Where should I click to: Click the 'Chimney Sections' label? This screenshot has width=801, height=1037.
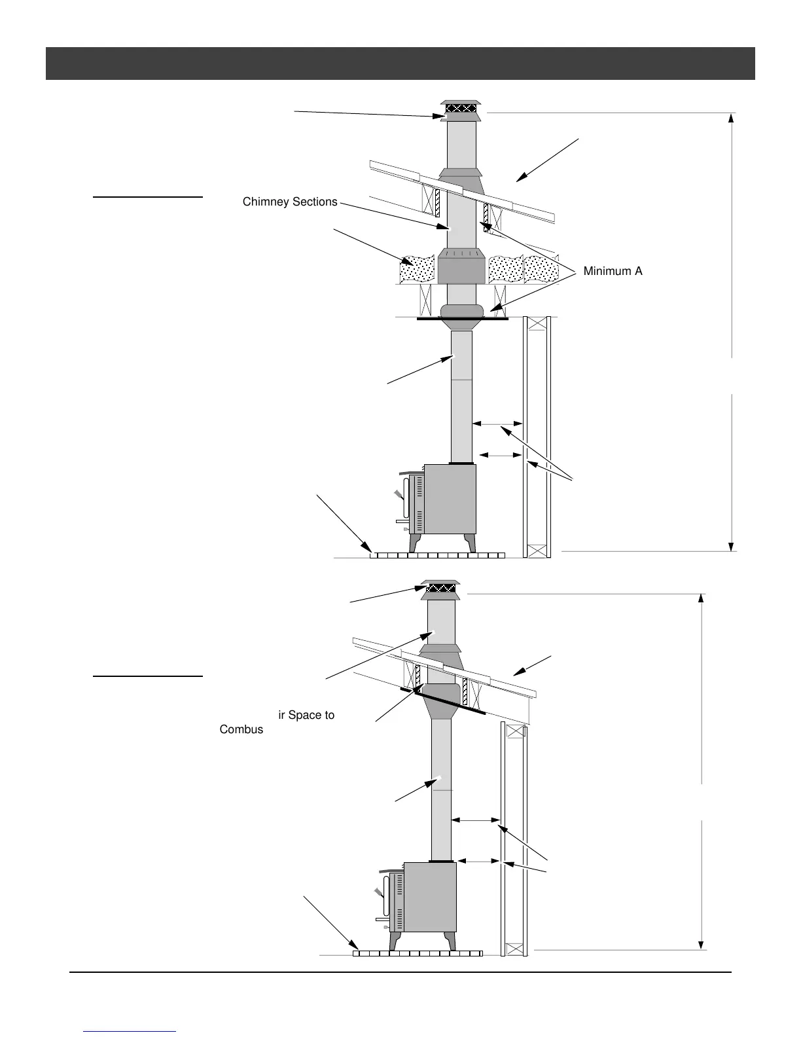290,202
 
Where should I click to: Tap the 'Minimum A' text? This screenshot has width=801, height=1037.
613,271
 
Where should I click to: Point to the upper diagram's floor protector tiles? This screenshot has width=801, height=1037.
437,555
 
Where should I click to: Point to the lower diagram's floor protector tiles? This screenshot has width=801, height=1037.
418,953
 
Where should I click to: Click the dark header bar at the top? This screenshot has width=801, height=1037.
400,63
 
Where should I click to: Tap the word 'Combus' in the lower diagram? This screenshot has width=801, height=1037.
241,729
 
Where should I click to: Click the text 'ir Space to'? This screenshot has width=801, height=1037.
306,715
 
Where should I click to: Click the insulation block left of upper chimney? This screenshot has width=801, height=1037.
417,269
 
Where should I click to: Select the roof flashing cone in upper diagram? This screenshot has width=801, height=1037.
461,180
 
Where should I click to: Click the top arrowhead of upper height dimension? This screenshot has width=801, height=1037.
732,118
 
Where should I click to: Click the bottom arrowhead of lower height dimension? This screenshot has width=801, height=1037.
702,945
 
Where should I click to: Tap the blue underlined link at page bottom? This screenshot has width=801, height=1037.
130,1031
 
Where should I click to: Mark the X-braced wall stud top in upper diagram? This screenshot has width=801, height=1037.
537,323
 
